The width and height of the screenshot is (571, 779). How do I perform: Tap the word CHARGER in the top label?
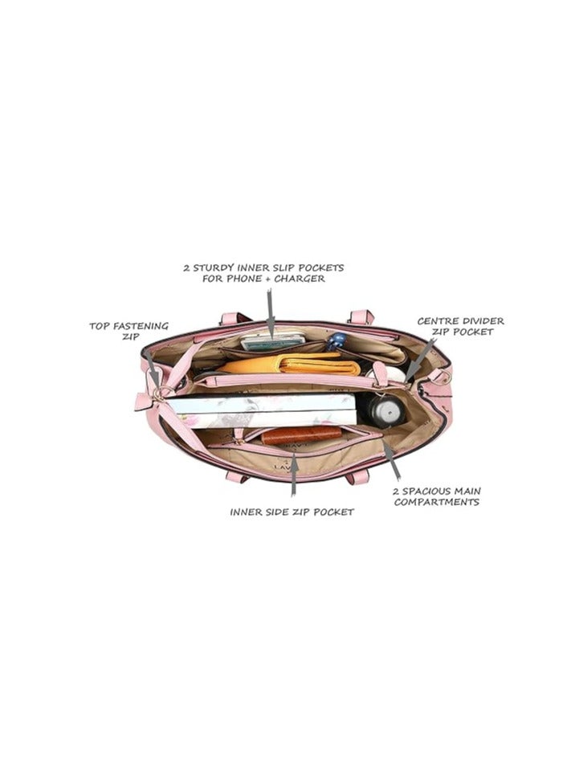point(300,278)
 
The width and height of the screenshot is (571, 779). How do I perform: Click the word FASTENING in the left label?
point(141,326)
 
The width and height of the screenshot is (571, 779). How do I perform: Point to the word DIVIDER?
point(481,321)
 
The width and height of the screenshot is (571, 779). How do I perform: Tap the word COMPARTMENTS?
point(437,502)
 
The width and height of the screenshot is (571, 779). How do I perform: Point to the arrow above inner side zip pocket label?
point(294,477)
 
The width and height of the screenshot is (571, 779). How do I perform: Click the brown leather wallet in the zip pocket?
point(302,434)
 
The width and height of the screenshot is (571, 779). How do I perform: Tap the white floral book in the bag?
point(261,410)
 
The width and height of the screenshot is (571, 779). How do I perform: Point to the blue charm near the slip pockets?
point(336,340)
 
